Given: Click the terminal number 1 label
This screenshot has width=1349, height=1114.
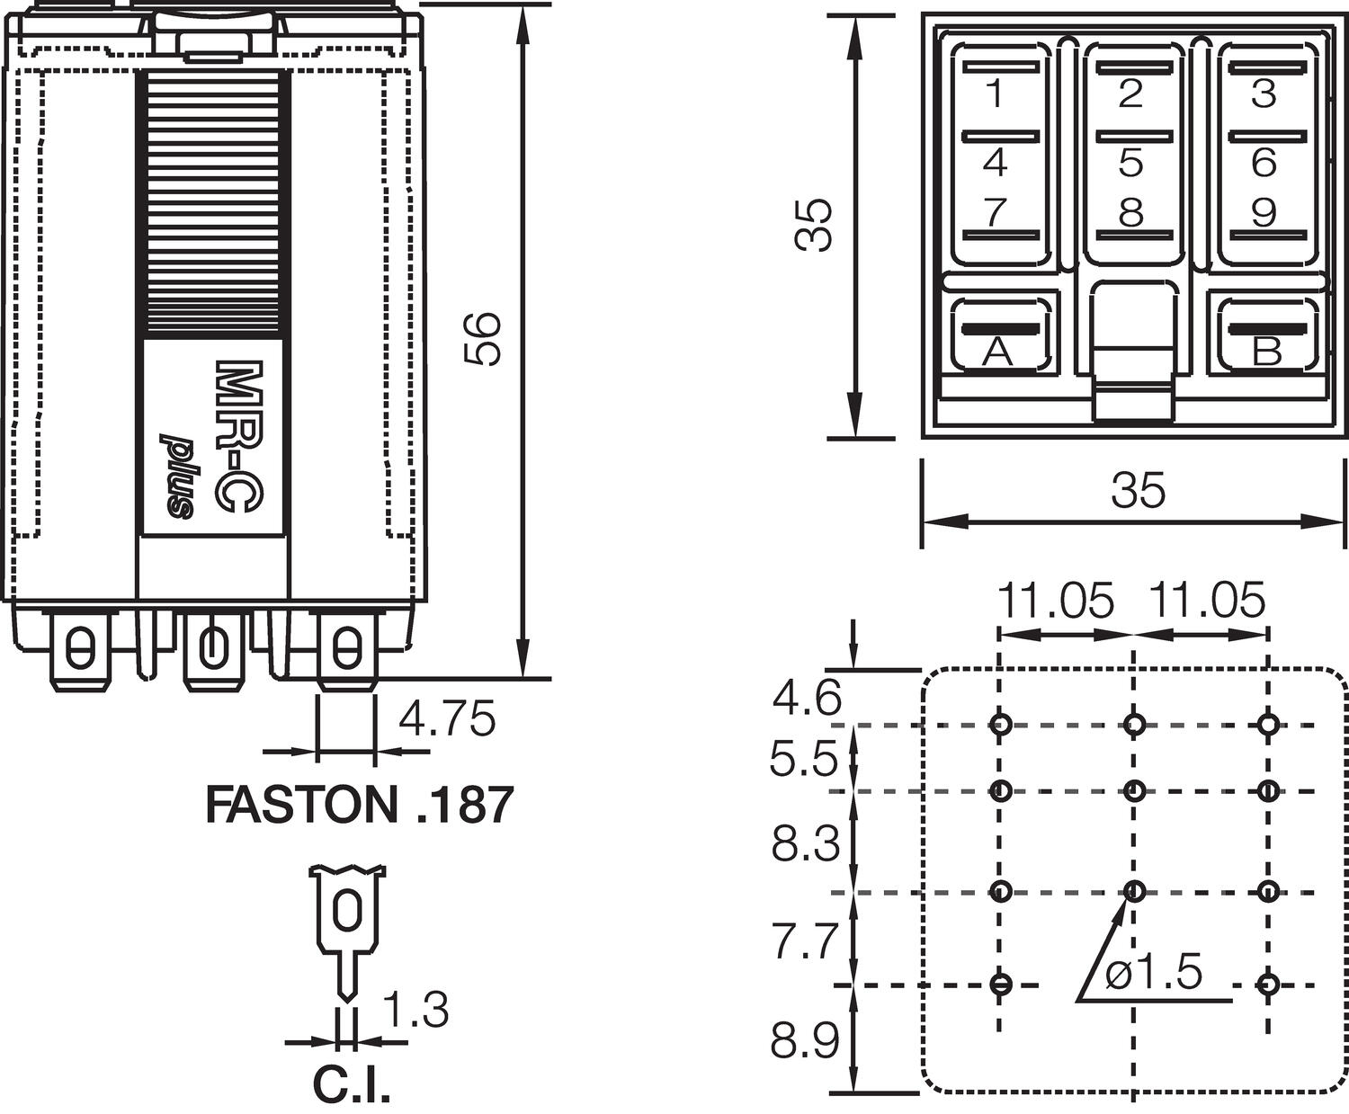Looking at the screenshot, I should coord(995,94).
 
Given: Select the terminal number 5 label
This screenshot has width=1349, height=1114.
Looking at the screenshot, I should coord(1130,163).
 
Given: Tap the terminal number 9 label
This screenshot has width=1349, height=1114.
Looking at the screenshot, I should coord(1264,213).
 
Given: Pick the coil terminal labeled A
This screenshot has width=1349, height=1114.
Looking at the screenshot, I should coord(996,352).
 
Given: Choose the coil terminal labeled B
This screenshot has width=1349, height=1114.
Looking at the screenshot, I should coord(1266,352).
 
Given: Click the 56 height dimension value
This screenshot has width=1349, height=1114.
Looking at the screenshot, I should coord(483,339).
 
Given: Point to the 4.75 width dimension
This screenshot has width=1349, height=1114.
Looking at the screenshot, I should coord(447,719).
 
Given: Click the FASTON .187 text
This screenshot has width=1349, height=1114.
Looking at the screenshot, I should coord(360,805).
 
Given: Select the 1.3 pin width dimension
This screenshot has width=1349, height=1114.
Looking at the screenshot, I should coord(415,1010).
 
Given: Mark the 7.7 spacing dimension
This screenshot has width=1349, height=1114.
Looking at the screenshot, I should coord(805,940).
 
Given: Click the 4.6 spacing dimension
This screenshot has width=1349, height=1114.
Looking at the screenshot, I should coord(806,698).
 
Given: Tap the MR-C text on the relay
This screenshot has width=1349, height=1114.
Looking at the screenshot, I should coord(230,438).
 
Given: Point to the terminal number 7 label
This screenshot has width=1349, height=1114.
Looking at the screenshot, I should coord(995,213).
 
